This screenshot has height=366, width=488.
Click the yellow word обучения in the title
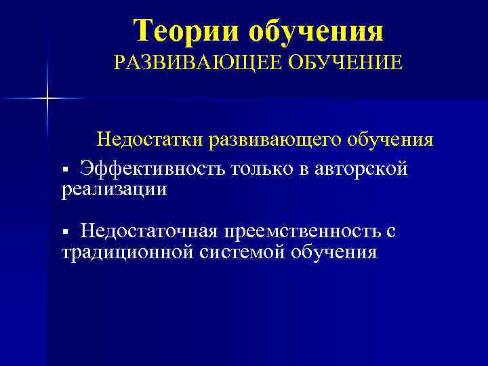tap(317, 30)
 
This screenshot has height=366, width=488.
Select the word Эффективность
tap(153, 168)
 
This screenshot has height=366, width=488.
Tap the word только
tap(264, 168)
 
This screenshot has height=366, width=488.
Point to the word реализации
tap(114, 189)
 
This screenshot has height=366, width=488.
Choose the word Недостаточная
tap(148, 232)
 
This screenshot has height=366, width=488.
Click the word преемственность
tap(302, 232)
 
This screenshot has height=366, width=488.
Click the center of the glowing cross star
tap(47, 99)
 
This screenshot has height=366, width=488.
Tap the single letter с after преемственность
tap(390, 232)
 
